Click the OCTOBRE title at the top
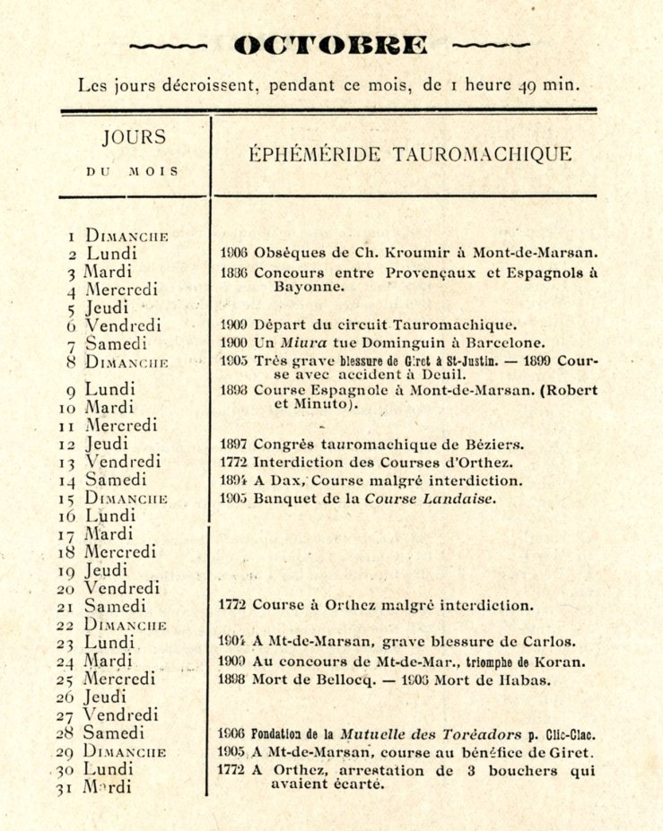pos(330,44)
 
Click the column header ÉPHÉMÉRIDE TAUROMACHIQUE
pos(410,154)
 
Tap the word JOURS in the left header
pos(134,137)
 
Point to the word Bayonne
pos(306,287)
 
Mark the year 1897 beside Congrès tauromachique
pos(233,444)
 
